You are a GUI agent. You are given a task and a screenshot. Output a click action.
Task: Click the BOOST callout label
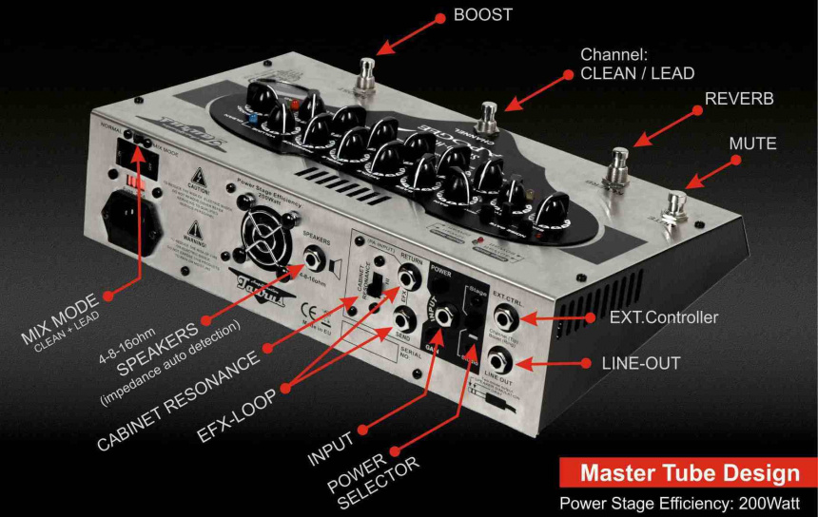[482, 15]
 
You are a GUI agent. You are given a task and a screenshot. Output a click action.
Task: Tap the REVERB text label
[738, 99]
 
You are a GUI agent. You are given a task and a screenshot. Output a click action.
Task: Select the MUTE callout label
[752, 144]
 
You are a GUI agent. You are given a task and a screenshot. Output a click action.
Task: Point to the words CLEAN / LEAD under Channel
[637, 73]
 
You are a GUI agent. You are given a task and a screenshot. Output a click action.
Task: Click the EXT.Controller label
[662, 317]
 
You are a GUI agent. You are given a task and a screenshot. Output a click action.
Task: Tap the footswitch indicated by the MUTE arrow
[677, 207]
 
